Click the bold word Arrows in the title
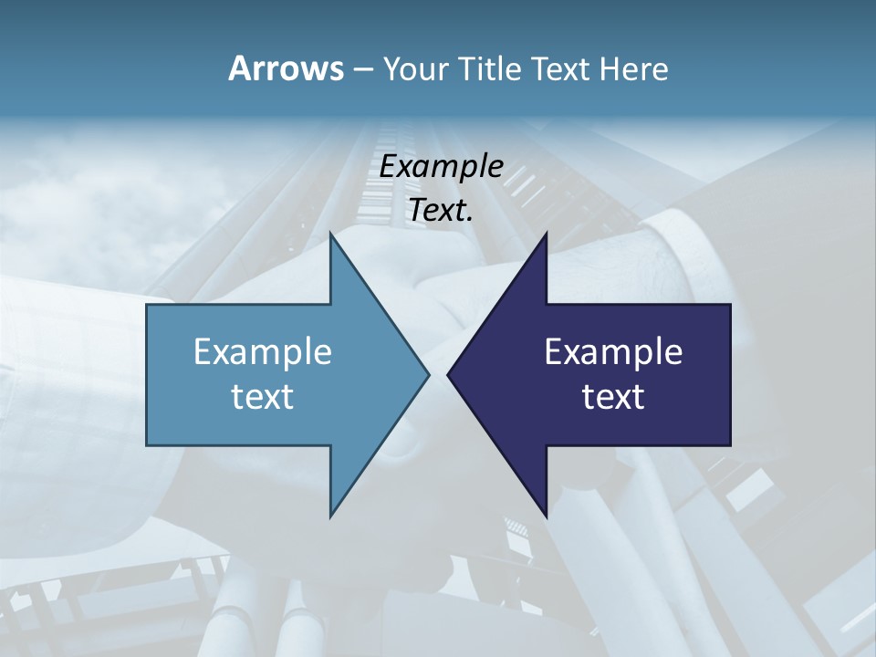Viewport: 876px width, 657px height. [x=285, y=68]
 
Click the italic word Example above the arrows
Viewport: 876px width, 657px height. [x=441, y=166]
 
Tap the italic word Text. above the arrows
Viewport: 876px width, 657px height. [x=441, y=210]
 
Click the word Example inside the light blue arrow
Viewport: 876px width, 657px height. [x=263, y=351]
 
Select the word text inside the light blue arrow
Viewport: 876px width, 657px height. [x=263, y=396]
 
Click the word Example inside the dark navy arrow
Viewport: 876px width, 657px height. [x=613, y=351]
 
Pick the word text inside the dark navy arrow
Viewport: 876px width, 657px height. [x=613, y=396]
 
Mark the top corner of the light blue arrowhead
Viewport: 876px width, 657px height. [x=331, y=234]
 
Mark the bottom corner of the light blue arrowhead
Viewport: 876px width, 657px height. [x=331, y=516]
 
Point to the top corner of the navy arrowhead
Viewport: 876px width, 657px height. [x=545, y=234]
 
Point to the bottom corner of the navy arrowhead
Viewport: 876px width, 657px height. [x=545, y=516]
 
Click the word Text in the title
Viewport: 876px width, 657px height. [x=562, y=69]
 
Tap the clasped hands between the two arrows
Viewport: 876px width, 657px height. [x=438, y=301]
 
